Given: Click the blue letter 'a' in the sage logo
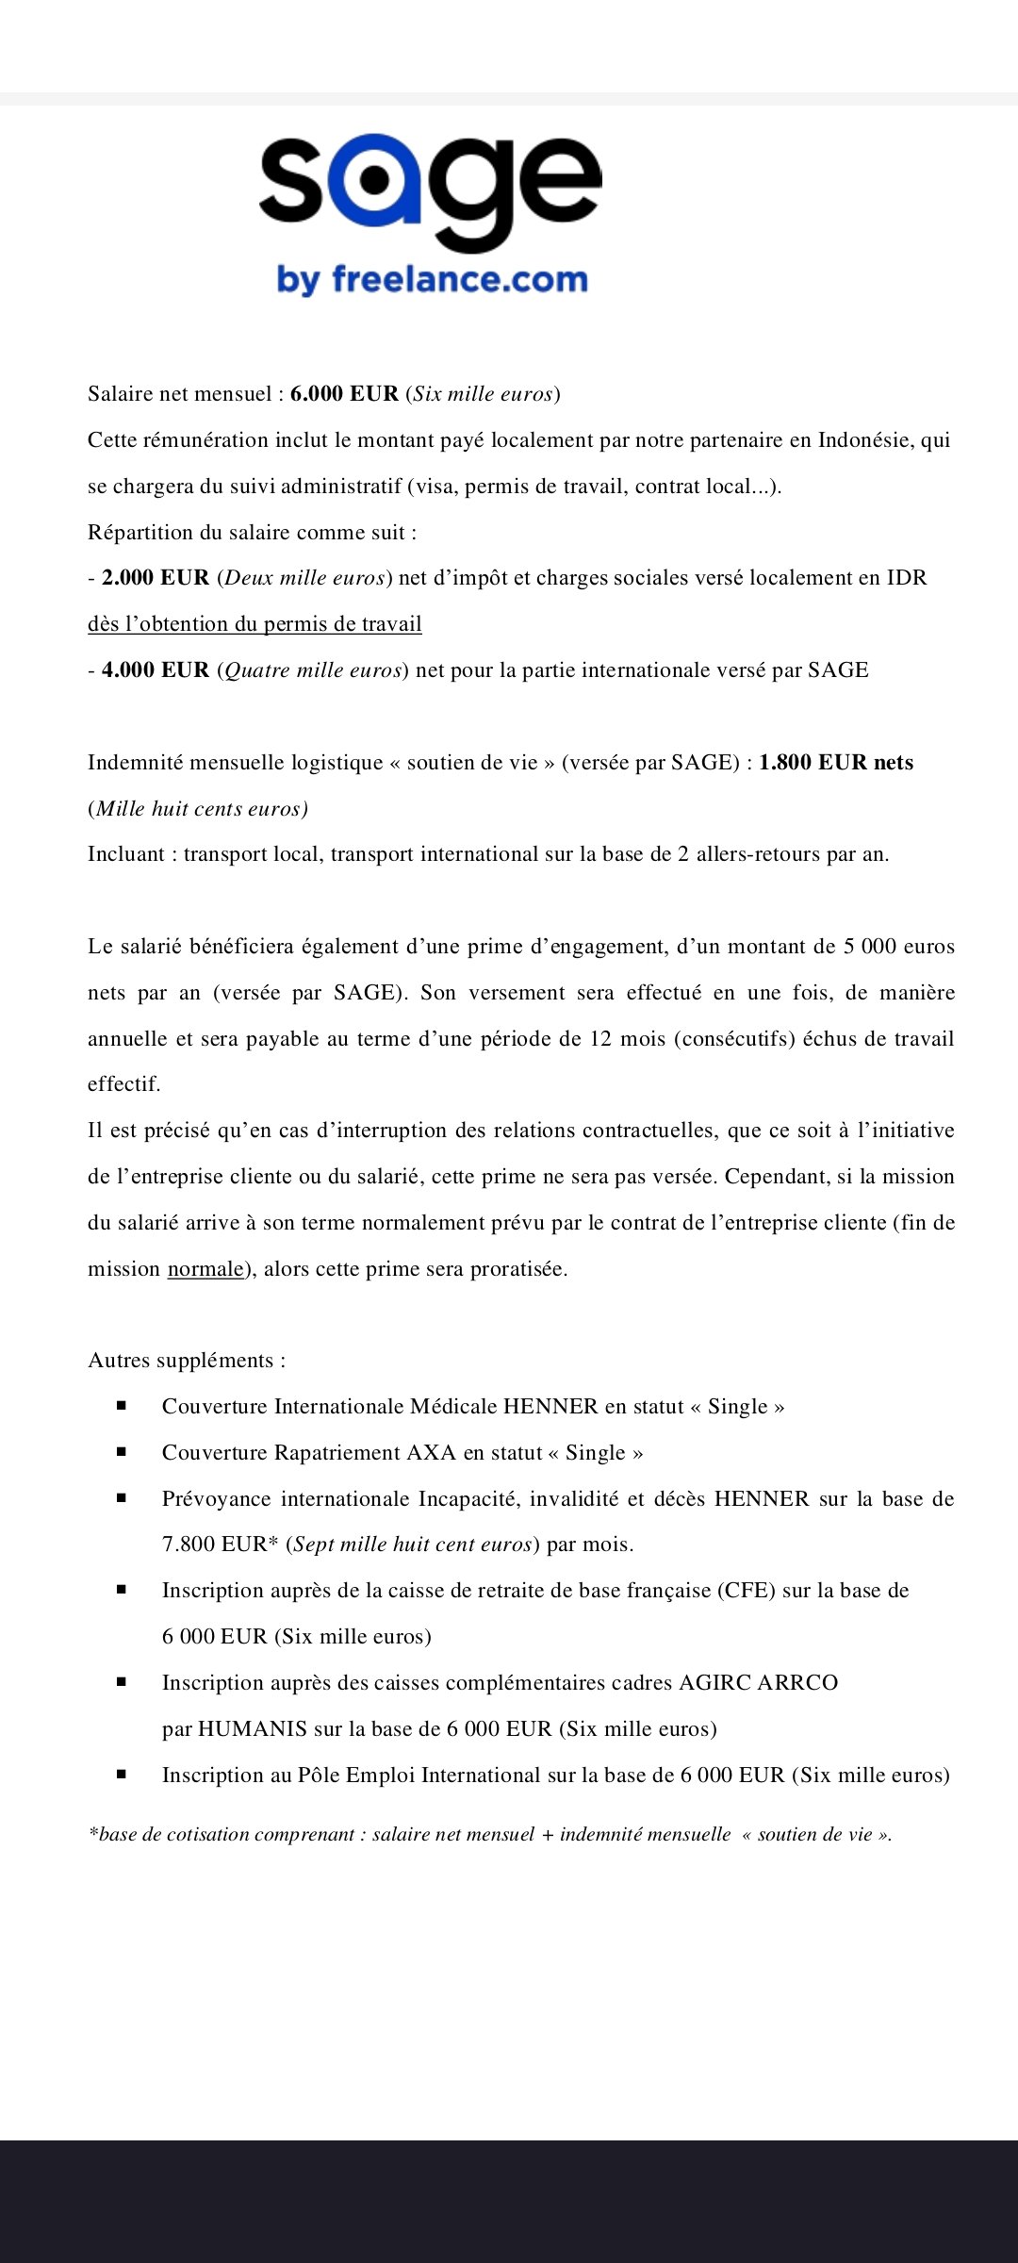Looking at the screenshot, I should pos(374,179).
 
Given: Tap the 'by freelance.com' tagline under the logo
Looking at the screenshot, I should pos(432,280).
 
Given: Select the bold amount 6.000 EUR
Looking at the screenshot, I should pos(344,394).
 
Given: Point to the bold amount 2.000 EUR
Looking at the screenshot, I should pos(156,578).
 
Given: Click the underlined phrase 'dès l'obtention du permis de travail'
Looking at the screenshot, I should pos(254,624).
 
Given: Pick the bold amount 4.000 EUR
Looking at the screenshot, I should pos(156,670).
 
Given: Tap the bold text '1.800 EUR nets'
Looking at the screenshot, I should pos(836,763).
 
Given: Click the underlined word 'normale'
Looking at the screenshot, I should pos(205,1269).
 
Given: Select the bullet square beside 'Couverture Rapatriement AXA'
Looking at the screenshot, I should pos(122,1452).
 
